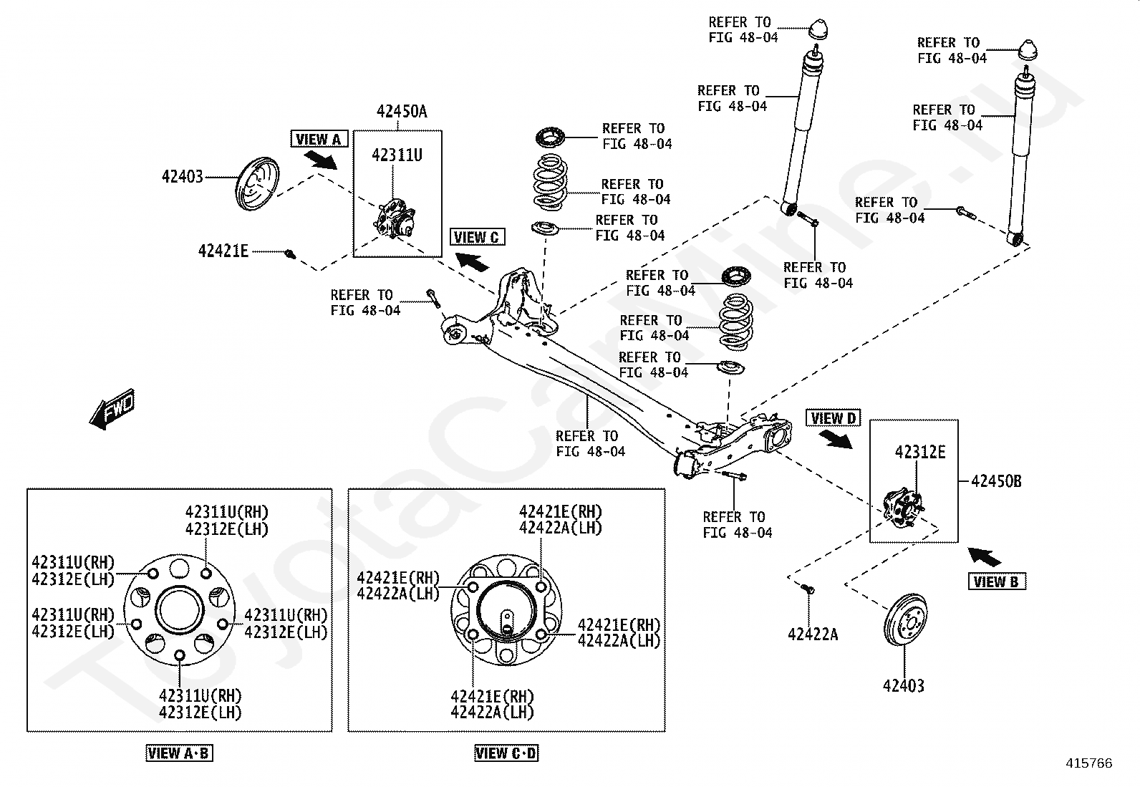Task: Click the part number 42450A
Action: point(401,111)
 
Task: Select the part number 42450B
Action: point(996,481)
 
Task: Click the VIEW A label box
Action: point(319,139)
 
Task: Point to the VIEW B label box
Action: point(995,581)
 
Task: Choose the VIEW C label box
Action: point(477,237)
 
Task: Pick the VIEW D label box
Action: point(833,418)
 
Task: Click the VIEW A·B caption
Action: point(179,753)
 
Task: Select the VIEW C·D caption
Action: point(506,753)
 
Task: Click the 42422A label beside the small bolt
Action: point(812,634)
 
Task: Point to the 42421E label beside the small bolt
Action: point(223,251)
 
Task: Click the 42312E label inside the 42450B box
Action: point(920,452)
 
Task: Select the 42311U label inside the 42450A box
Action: point(396,154)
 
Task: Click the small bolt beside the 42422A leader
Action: point(808,589)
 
